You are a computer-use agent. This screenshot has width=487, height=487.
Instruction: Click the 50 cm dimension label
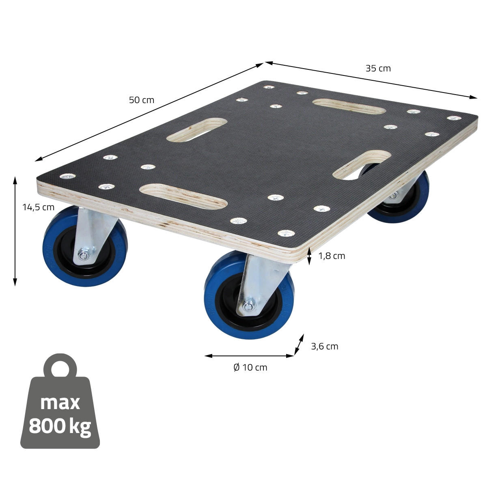pos(142,100)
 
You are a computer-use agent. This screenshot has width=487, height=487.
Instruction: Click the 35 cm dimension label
pos(378,68)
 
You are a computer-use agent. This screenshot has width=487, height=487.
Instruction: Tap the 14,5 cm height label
pos(38,207)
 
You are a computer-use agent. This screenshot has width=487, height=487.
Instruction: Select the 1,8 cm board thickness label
pos(332,256)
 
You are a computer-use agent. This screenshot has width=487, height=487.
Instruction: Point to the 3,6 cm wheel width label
pos(324,346)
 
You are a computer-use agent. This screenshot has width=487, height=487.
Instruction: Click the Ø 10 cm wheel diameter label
pos(250,367)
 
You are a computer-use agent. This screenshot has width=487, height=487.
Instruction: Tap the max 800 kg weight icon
pos(60,410)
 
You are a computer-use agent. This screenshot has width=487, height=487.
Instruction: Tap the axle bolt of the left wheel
pos(84,256)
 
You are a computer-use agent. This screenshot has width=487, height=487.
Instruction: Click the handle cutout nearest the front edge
pos(183,196)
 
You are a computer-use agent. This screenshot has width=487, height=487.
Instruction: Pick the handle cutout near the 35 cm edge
pos(349,106)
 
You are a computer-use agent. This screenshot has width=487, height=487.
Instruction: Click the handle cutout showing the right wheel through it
pos(362,165)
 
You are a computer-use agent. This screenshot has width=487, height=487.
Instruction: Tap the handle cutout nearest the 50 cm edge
pos(197,130)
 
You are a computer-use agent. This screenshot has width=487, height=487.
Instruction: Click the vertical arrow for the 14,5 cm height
pos(15,231)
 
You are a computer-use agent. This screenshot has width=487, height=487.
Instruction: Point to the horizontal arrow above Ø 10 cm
pos(249,356)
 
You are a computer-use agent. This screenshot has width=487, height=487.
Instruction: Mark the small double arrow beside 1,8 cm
pos(309,256)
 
